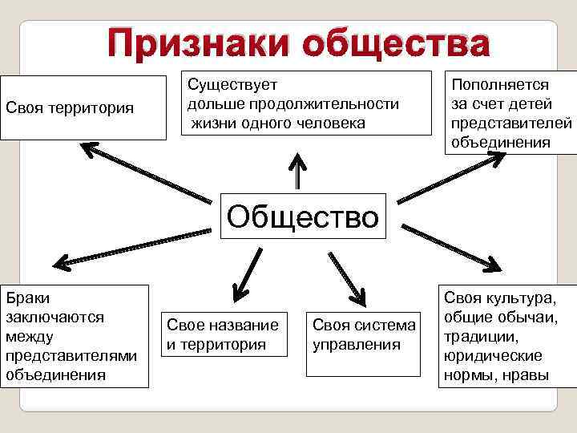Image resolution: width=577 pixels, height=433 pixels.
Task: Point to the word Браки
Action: [26, 298]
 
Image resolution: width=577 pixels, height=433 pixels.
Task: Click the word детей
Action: [532, 104]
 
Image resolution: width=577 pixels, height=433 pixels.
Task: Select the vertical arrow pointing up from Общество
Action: [298, 168]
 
